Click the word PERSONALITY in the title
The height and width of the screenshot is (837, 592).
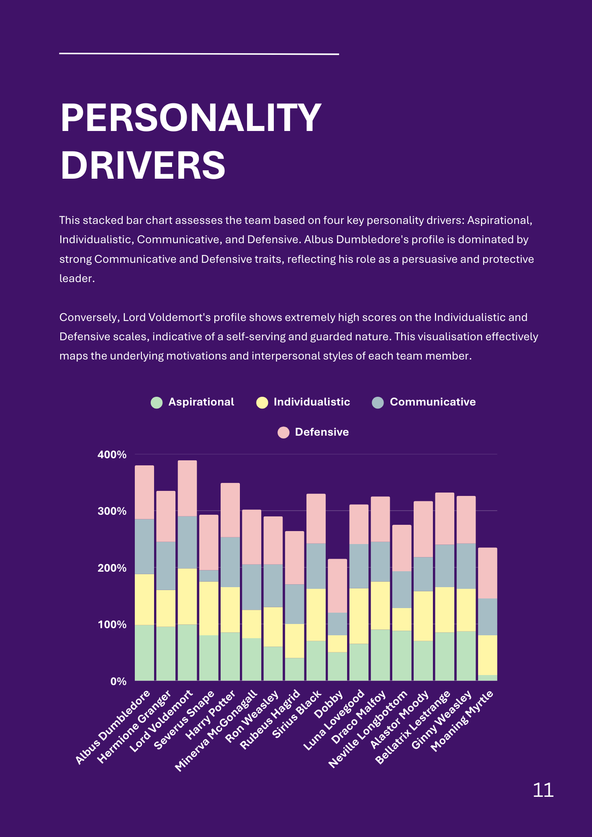pos(191,118)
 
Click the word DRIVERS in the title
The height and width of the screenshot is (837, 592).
pos(143,165)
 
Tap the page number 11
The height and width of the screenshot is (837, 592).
pos(543,790)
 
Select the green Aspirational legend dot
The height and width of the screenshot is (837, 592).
pos(157,403)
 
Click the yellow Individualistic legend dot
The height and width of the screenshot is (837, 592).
pos(262,403)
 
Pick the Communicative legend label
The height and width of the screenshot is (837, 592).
pos(432,402)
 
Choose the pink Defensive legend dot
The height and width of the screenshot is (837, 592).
pos(283,432)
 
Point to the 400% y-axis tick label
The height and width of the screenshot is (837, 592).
pos(112,454)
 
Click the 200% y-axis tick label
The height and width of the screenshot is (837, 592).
pos(112,568)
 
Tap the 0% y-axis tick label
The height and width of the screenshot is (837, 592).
pos(118,681)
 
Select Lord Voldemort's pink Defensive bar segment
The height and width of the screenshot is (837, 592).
pos(187,488)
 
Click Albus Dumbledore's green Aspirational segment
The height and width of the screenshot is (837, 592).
pos(144,652)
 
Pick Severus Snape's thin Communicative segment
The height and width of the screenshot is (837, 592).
pos(208,575)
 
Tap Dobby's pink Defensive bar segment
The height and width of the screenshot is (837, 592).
pos(337,585)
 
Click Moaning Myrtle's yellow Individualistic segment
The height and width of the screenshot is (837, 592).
pos(488,655)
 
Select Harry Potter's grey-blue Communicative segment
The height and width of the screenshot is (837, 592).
pos(230,562)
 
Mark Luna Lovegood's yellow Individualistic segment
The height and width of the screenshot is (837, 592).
pos(359,616)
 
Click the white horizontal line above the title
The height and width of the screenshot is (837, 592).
pos(199,54)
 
